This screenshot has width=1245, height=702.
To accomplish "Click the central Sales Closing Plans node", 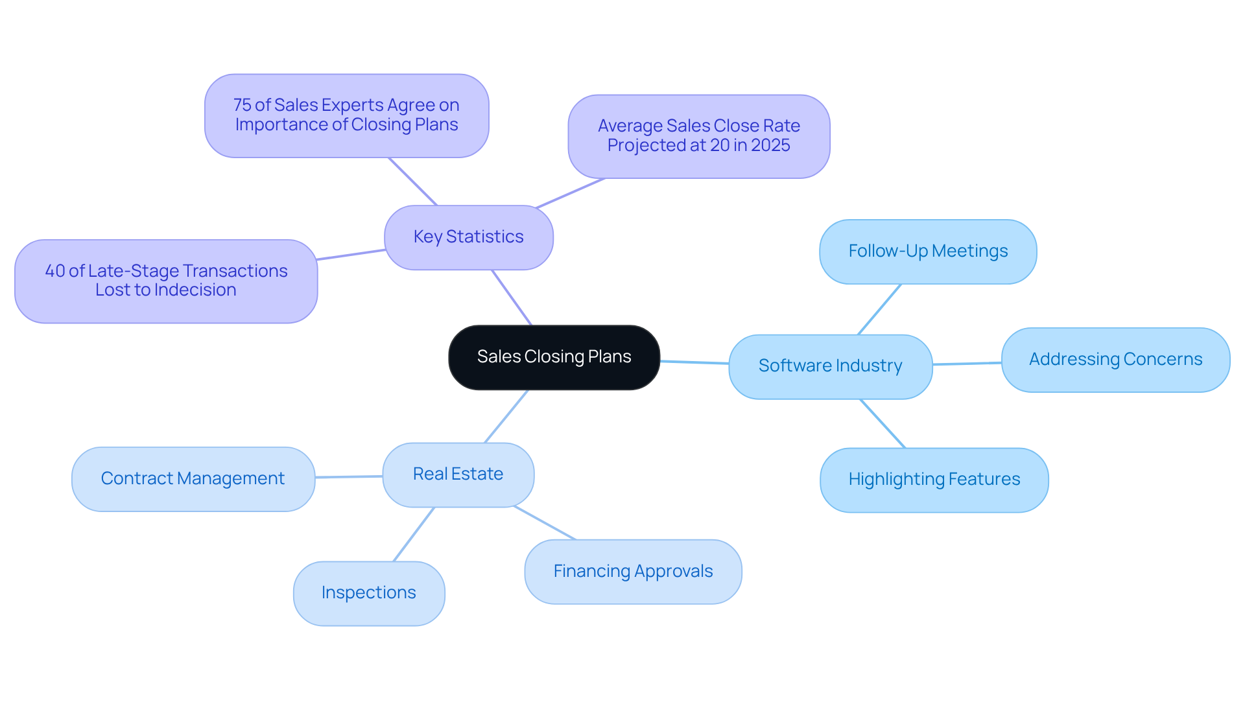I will [554, 357].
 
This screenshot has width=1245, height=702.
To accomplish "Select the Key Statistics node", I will [468, 237].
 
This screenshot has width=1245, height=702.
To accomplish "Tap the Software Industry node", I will [830, 366].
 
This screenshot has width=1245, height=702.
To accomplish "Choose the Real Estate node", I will [458, 474].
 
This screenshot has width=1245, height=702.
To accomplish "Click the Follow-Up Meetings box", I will [928, 252].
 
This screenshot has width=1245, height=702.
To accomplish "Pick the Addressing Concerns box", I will [1115, 360].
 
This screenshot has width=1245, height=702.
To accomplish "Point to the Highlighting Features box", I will [934, 480].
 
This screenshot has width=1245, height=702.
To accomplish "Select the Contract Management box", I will [193, 479].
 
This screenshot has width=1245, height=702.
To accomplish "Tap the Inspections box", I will [368, 593].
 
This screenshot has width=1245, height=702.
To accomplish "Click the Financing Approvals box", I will [633, 572].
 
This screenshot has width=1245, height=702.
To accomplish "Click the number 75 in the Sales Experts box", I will [242, 105].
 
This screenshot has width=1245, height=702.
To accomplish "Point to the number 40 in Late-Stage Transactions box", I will [54, 271].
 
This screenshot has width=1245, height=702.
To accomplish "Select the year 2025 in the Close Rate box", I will [770, 145].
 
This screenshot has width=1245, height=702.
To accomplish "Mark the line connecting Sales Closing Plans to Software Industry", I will [694, 362].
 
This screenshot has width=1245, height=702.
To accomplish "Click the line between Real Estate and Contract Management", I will [349, 477].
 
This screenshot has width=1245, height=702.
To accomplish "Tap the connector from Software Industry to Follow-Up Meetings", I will [879, 309].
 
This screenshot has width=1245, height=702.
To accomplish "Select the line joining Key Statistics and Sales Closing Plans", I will [512, 298].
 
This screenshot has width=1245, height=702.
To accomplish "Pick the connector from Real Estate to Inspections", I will [414, 534].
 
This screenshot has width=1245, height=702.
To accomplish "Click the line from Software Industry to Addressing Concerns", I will [967, 364].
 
